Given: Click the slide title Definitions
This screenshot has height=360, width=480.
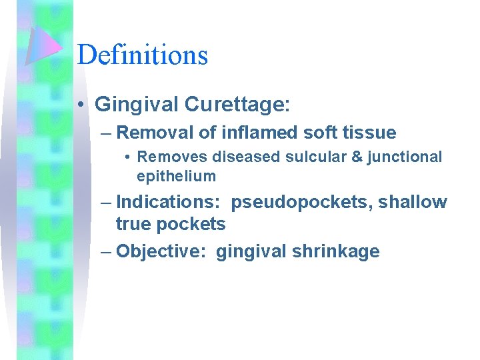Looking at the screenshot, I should pyautogui.click(x=143, y=55).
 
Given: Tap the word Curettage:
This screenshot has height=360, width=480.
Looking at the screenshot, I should pyautogui.click(x=237, y=104).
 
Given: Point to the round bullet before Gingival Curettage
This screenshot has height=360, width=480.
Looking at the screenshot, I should pyautogui.click(x=79, y=105).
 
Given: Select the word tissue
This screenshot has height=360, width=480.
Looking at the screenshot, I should pyautogui.click(x=367, y=133).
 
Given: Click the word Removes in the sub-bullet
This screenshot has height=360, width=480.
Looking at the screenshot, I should pyautogui.click(x=173, y=157).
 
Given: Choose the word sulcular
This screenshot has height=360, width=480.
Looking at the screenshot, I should pyautogui.click(x=307, y=157).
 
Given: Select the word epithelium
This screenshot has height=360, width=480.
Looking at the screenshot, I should pyautogui.click(x=176, y=177).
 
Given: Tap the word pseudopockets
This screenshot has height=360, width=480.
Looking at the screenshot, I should pyautogui.click(x=301, y=203).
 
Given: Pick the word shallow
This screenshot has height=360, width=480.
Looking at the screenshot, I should pyautogui.click(x=413, y=203).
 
